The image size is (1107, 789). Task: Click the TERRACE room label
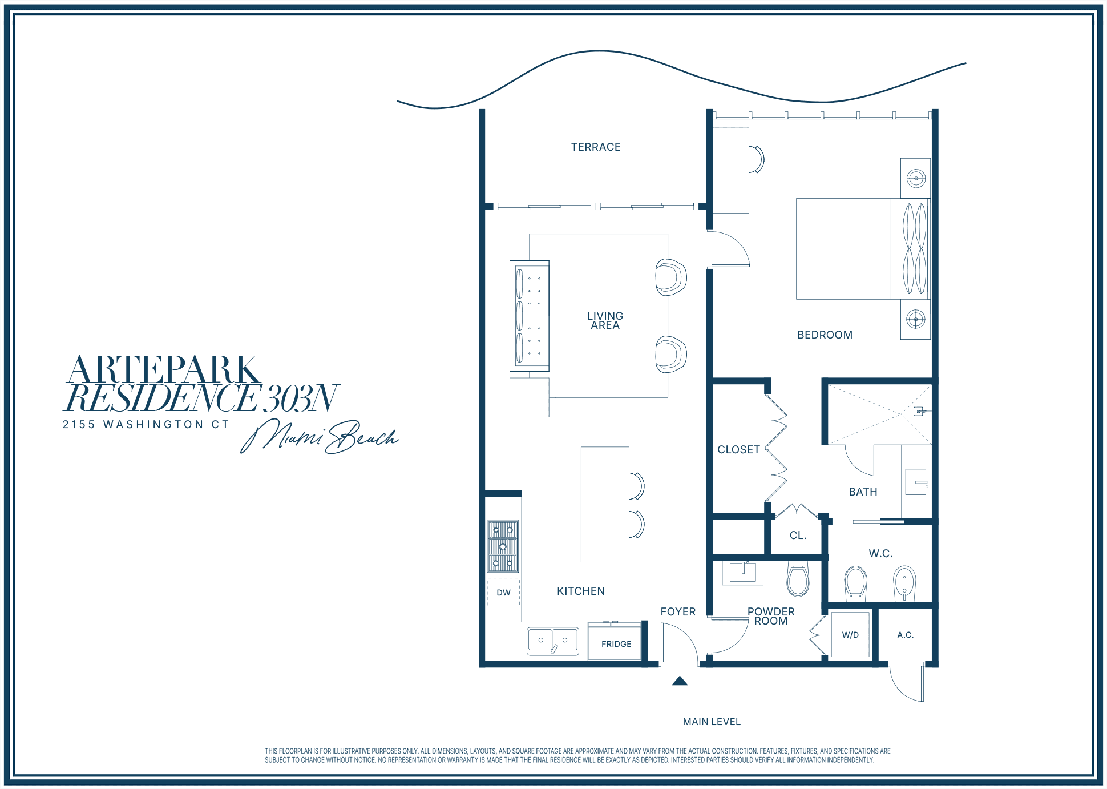596,147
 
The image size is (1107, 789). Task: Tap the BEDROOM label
825,335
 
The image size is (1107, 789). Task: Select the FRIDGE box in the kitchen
615,642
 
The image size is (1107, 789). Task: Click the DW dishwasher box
503,593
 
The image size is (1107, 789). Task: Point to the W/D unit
850,635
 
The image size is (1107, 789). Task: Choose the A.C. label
905,635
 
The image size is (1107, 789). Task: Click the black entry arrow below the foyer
680,681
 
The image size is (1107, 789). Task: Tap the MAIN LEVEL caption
712,722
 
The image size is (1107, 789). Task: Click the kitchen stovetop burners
503,546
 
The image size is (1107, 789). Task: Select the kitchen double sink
552,641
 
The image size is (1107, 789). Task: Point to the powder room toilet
798,579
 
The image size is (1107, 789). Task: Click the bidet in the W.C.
904,583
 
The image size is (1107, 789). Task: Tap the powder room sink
742,573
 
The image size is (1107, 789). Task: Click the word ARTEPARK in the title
164,369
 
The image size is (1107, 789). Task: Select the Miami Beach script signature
320,437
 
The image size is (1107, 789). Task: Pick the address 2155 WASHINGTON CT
146,424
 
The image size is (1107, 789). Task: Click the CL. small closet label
798,536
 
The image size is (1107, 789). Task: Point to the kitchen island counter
605,505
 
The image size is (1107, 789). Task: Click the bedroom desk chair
756,159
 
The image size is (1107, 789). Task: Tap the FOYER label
678,612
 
